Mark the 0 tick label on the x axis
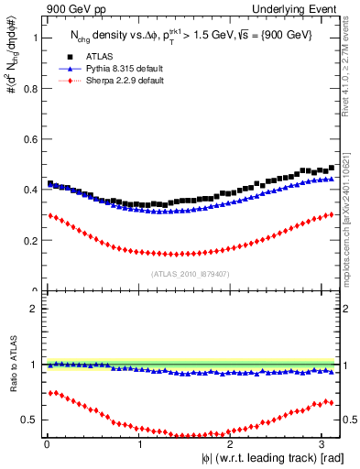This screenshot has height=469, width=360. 46,444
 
